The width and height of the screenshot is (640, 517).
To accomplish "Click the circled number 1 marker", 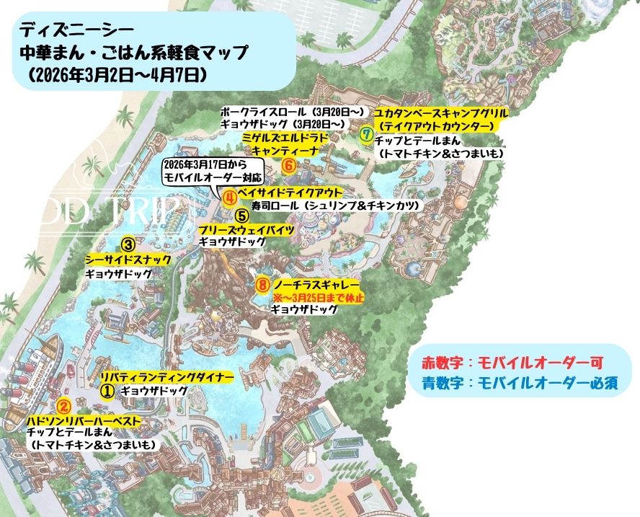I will pyautogui.click(x=107, y=390).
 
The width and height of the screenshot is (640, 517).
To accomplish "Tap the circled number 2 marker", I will pyautogui.click(x=63, y=407).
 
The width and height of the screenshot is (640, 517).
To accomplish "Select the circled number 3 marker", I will pyautogui.click(x=128, y=244).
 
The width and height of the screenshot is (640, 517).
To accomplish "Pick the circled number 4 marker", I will pyautogui.click(x=228, y=195).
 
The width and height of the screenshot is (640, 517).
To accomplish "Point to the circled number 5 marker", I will pyautogui.click(x=242, y=214).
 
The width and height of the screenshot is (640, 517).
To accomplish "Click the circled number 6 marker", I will pyautogui.click(x=288, y=165).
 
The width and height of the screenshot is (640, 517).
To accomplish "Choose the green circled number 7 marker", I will pyautogui.click(x=366, y=133).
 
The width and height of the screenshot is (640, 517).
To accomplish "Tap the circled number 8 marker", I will pyautogui.click(x=262, y=284).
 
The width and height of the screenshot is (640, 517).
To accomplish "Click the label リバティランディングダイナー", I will pyautogui.click(x=166, y=377).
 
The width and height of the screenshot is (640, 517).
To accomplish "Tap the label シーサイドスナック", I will pyautogui.click(x=128, y=260).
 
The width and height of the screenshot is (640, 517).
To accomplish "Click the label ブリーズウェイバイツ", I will pyautogui.click(x=246, y=229).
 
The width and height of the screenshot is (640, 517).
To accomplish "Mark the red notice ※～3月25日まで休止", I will pyautogui.click(x=319, y=297).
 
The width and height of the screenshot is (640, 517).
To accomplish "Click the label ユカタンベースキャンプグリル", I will pyautogui.click(x=442, y=114).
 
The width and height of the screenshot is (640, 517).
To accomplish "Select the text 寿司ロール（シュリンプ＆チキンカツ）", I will pyautogui.click(x=335, y=206).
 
